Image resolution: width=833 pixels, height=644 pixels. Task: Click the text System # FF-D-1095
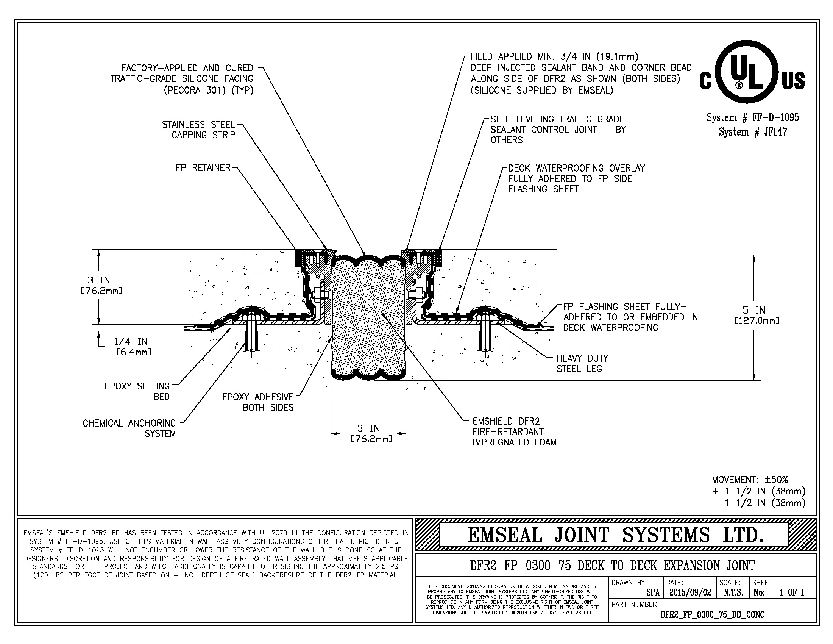tap(752, 117)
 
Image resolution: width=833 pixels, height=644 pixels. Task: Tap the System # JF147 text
tap(752, 132)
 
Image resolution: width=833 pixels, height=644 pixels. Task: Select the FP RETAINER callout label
tap(203, 168)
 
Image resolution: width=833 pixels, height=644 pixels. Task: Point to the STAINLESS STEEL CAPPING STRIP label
tap(199, 130)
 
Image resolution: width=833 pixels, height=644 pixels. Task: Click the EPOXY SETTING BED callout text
tap(137, 391)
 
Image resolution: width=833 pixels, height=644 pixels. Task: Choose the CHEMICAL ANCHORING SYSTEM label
tap(129, 428)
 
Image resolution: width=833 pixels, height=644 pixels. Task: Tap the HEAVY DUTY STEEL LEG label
tap(582, 363)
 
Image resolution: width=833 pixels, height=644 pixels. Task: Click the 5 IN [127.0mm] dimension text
tap(757, 315)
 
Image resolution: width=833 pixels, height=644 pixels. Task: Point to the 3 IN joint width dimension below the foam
tap(368, 433)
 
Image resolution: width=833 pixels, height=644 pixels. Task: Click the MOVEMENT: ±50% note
tap(750, 480)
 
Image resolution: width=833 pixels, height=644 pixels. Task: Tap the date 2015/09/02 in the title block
tap(690, 592)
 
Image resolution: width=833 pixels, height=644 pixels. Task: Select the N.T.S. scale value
tap(733, 592)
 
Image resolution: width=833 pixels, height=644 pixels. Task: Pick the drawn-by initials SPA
tap(653, 592)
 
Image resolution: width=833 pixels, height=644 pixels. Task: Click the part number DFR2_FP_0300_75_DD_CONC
tap(712, 614)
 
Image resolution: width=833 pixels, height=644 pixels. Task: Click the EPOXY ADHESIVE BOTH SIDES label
tap(258, 402)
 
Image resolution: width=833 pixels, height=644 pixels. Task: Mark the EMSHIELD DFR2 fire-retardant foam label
tap(514, 432)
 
